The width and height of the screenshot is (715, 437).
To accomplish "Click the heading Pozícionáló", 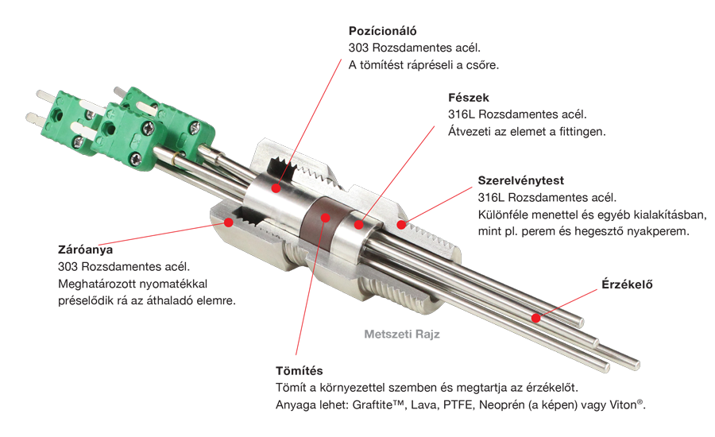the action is pyautogui.click(x=383, y=31).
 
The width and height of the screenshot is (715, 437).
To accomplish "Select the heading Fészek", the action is pyautogui.click(x=468, y=98).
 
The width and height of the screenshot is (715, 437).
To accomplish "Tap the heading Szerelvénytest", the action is pyautogui.click(x=520, y=180).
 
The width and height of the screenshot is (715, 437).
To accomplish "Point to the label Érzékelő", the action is pyautogui.click(x=627, y=284).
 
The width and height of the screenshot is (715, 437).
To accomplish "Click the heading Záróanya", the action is pyautogui.click(x=85, y=250).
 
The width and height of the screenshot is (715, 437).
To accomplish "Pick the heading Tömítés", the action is pyautogui.click(x=300, y=370).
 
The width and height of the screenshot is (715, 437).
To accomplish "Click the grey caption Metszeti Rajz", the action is pyautogui.click(x=402, y=335).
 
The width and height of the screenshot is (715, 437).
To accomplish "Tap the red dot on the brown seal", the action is pyautogui.click(x=325, y=218).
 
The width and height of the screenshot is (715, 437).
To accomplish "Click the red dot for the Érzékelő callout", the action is pyautogui.click(x=536, y=318).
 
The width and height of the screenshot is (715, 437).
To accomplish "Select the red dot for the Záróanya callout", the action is pyautogui.click(x=229, y=222).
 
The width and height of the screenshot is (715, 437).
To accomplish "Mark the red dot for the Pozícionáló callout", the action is pyautogui.click(x=276, y=188).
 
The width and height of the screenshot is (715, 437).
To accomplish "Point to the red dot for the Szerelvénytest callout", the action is pyautogui.click(x=401, y=224).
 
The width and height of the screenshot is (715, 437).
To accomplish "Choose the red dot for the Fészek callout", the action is pyautogui.click(x=359, y=224).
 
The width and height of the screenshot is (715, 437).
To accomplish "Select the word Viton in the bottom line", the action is pyautogui.click(x=624, y=405).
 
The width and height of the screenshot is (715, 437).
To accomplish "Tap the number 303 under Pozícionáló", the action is pyautogui.click(x=358, y=48).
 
